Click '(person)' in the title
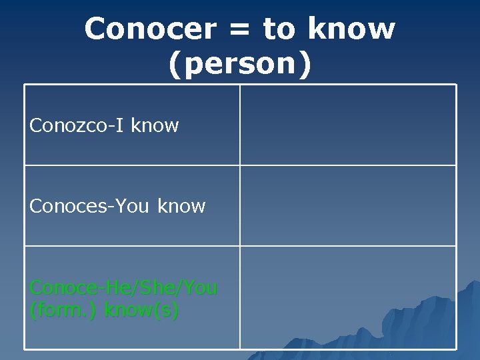click(x=239, y=64)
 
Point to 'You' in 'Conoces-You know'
click(x=132, y=206)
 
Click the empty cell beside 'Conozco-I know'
click(x=348, y=125)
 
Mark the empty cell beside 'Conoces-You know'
click(x=348, y=205)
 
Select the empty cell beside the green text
click(x=348, y=297)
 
